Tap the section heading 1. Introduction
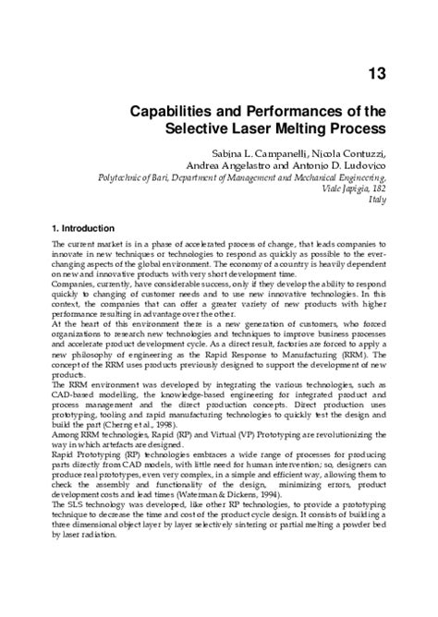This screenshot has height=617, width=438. (x=84, y=227)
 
